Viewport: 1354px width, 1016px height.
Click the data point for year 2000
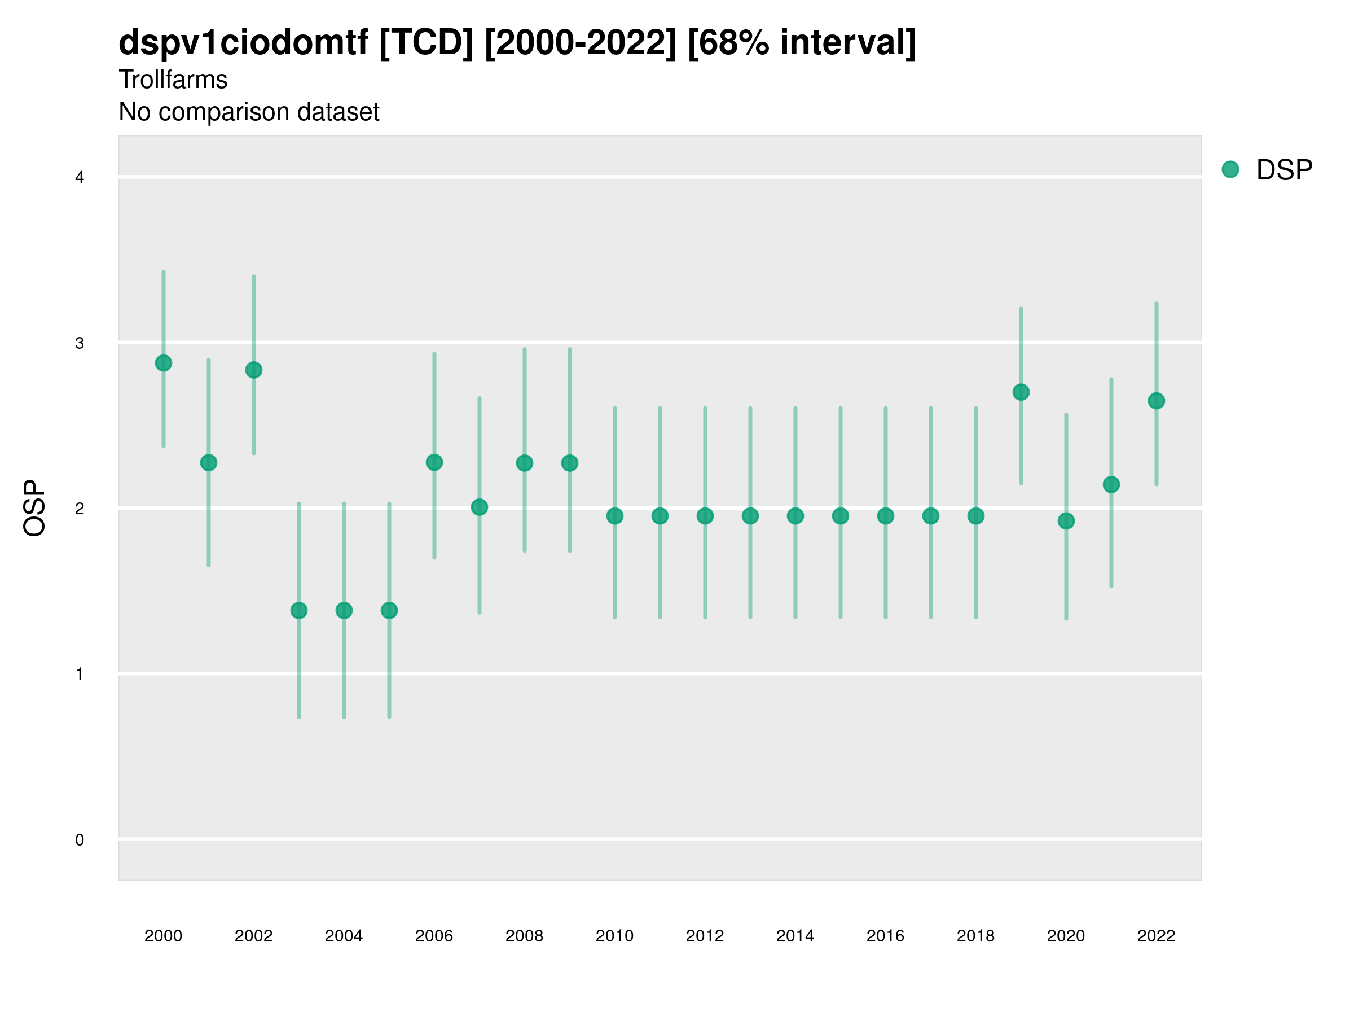coord(164,363)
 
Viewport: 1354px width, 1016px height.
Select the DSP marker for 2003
coord(298,611)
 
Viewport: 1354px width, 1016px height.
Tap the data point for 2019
coord(1021,392)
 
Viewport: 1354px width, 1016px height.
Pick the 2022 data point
coord(1157,401)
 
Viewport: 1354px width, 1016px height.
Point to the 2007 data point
coord(480,507)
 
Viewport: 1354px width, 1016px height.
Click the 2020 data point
coord(1066,521)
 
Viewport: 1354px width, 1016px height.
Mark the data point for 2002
coord(253,370)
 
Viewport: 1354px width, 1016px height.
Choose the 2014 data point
coord(795,516)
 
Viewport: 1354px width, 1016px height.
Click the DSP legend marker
coord(1230,170)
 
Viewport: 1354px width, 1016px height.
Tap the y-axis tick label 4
coord(80,178)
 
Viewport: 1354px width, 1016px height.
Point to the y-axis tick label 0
coord(80,840)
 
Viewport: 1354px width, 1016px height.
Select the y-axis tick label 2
coord(80,509)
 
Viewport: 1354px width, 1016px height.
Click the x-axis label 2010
coord(614,936)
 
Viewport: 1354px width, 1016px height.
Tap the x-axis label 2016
coord(885,936)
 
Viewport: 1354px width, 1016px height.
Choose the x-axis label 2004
coord(344,936)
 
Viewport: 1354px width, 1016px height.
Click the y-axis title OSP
coord(35,509)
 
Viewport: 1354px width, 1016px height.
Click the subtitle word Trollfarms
coord(173,80)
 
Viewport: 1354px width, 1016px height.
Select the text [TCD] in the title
coord(426,43)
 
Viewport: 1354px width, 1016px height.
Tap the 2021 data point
coord(1111,484)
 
